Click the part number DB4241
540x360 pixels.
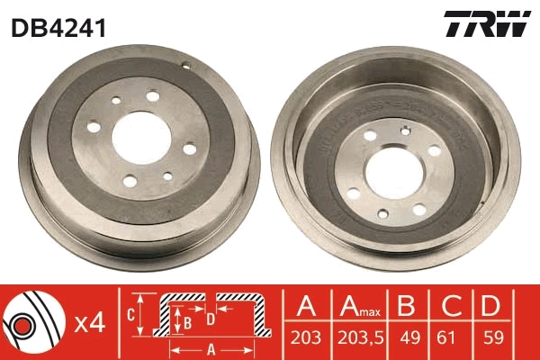pos(58,28)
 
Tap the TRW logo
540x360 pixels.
pos(487,24)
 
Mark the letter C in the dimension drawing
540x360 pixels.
pos(131,314)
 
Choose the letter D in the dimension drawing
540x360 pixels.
pos(209,317)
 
